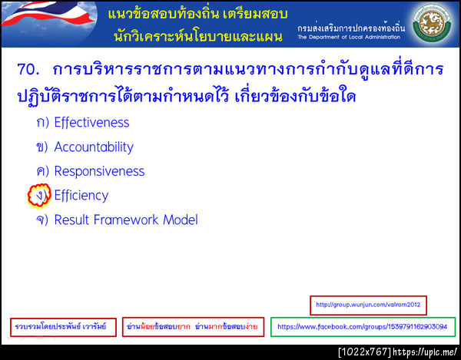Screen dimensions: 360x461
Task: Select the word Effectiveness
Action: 91,123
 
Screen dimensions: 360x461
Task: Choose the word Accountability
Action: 94,147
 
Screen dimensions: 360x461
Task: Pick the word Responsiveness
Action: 99,172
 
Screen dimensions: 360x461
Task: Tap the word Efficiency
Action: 81,196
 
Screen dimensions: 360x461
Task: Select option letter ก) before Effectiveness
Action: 41,123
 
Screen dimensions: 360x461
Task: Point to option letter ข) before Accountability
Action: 41,147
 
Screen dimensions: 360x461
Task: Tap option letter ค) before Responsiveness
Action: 41,172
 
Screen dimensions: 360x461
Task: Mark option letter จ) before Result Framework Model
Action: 41,220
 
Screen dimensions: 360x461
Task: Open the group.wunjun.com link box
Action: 369,305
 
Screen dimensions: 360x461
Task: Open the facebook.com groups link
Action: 362,327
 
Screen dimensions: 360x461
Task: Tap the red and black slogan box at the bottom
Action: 192,327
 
